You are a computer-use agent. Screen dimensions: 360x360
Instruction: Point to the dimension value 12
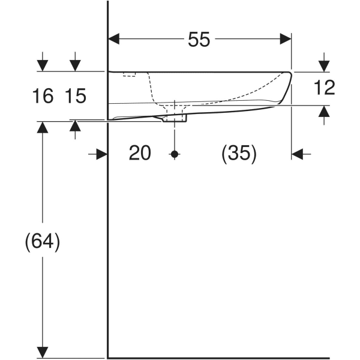[x=324, y=88]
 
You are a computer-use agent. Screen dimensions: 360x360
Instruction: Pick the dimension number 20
[x=139, y=154]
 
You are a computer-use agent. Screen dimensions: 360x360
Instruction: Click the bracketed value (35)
[x=239, y=154]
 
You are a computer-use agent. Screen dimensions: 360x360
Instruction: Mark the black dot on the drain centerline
[x=175, y=154]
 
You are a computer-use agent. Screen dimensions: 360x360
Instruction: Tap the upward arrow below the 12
[x=324, y=112]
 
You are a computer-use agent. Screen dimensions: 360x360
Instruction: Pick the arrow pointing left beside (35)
[x=298, y=154]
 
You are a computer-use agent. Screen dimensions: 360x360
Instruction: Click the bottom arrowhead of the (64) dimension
[x=43, y=349]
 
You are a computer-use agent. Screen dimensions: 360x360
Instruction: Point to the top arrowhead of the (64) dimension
[x=43, y=128]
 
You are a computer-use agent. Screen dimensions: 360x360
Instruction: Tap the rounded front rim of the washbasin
[x=286, y=84]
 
